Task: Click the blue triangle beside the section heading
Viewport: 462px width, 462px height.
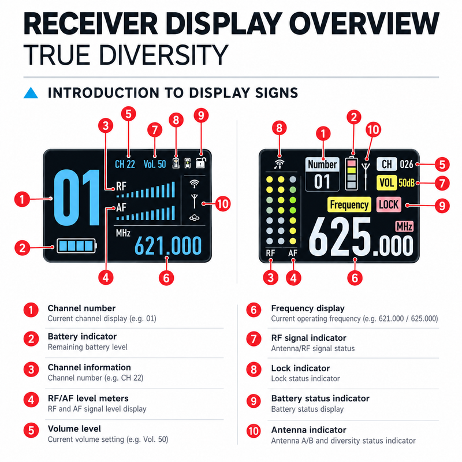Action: click(31, 93)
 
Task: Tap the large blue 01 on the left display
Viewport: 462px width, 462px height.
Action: click(77, 198)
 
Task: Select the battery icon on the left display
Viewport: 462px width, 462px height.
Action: click(77, 246)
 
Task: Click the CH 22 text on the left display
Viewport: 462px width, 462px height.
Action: click(125, 164)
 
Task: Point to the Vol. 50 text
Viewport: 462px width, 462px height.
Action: click(155, 164)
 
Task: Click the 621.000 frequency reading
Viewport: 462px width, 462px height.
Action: click(168, 246)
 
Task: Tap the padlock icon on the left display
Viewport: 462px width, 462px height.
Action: click(201, 163)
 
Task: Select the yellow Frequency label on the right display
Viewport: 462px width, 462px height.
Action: click(349, 204)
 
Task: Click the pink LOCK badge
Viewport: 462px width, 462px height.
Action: click(389, 204)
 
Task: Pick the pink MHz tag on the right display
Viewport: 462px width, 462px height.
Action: click(404, 226)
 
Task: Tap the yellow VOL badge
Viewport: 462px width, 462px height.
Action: click(386, 183)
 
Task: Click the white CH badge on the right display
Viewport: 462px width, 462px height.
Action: click(386, 165)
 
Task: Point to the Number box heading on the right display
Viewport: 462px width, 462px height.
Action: click(322, 165)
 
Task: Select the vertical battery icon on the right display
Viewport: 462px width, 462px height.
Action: click(352, 172)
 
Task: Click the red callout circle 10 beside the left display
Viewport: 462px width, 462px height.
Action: click(223, 204)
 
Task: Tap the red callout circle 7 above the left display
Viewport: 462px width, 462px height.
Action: click(155, 129)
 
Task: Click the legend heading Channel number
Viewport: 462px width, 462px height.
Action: click(81, 308)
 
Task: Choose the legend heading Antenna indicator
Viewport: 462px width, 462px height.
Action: click(309, 430)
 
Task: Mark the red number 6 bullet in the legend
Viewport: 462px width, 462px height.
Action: click(254, 310)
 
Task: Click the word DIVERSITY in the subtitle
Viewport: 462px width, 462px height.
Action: click(163, 55)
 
